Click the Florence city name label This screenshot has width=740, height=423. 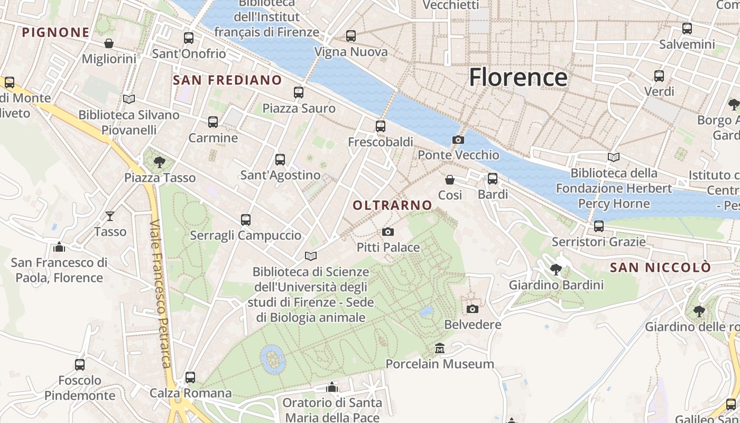click(x=518, y=77)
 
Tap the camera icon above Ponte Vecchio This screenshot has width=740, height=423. click(x=458, y=140)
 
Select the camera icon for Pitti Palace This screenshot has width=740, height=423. click(x=388, y=232)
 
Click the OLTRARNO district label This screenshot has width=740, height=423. click(x=392, y=205)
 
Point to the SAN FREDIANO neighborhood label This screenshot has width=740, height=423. click(x=227, y=80)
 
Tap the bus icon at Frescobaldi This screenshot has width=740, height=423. click(x=381, y=126)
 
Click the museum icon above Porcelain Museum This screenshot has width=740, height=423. click(x=440, y=348)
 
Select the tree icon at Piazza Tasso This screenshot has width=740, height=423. click(x=159, y=162)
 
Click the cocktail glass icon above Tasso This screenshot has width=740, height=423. click(x=110, y=216)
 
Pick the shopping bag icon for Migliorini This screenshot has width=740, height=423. click(x=109, y=43)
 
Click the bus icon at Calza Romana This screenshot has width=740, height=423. click(x=190, y=378)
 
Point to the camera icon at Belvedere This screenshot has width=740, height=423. click(x=473, y=309)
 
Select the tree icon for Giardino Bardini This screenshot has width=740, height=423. click(x=556, y=270)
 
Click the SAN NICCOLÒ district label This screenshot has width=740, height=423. click(x=660, y=268)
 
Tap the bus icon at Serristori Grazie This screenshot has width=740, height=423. click(x=599, y=226)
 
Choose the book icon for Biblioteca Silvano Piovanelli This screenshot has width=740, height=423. click(x=129, y=99)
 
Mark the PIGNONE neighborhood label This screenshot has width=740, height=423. click(x=55, y=32)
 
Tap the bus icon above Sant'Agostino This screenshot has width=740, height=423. click(x=280, y=159)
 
